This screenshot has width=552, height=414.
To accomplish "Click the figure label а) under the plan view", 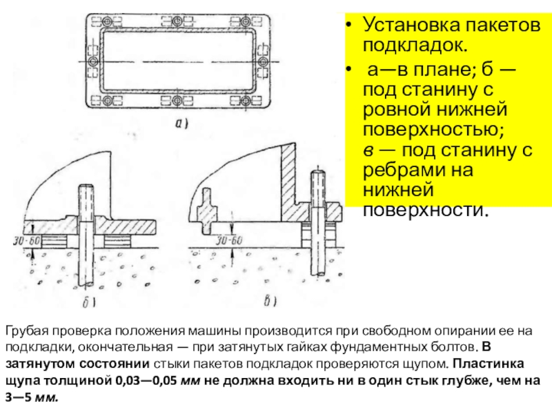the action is pyautogui.click(x=181, y=125).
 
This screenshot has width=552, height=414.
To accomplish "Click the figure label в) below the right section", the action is pyautogui.click(x=272, y=300).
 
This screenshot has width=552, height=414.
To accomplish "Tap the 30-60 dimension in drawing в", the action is pyautogui.click(x=228, y=241).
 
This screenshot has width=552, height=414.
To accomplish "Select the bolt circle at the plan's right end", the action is pyautogui.click(x=263, y=62).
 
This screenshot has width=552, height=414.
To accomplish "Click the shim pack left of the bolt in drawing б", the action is pyautogui.click(x=59, y=241).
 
